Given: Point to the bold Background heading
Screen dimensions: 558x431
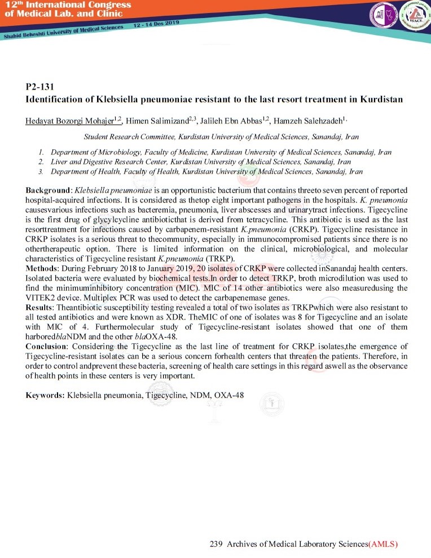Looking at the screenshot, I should (47, 191).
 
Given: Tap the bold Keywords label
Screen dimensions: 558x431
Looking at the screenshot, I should (45, 396).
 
